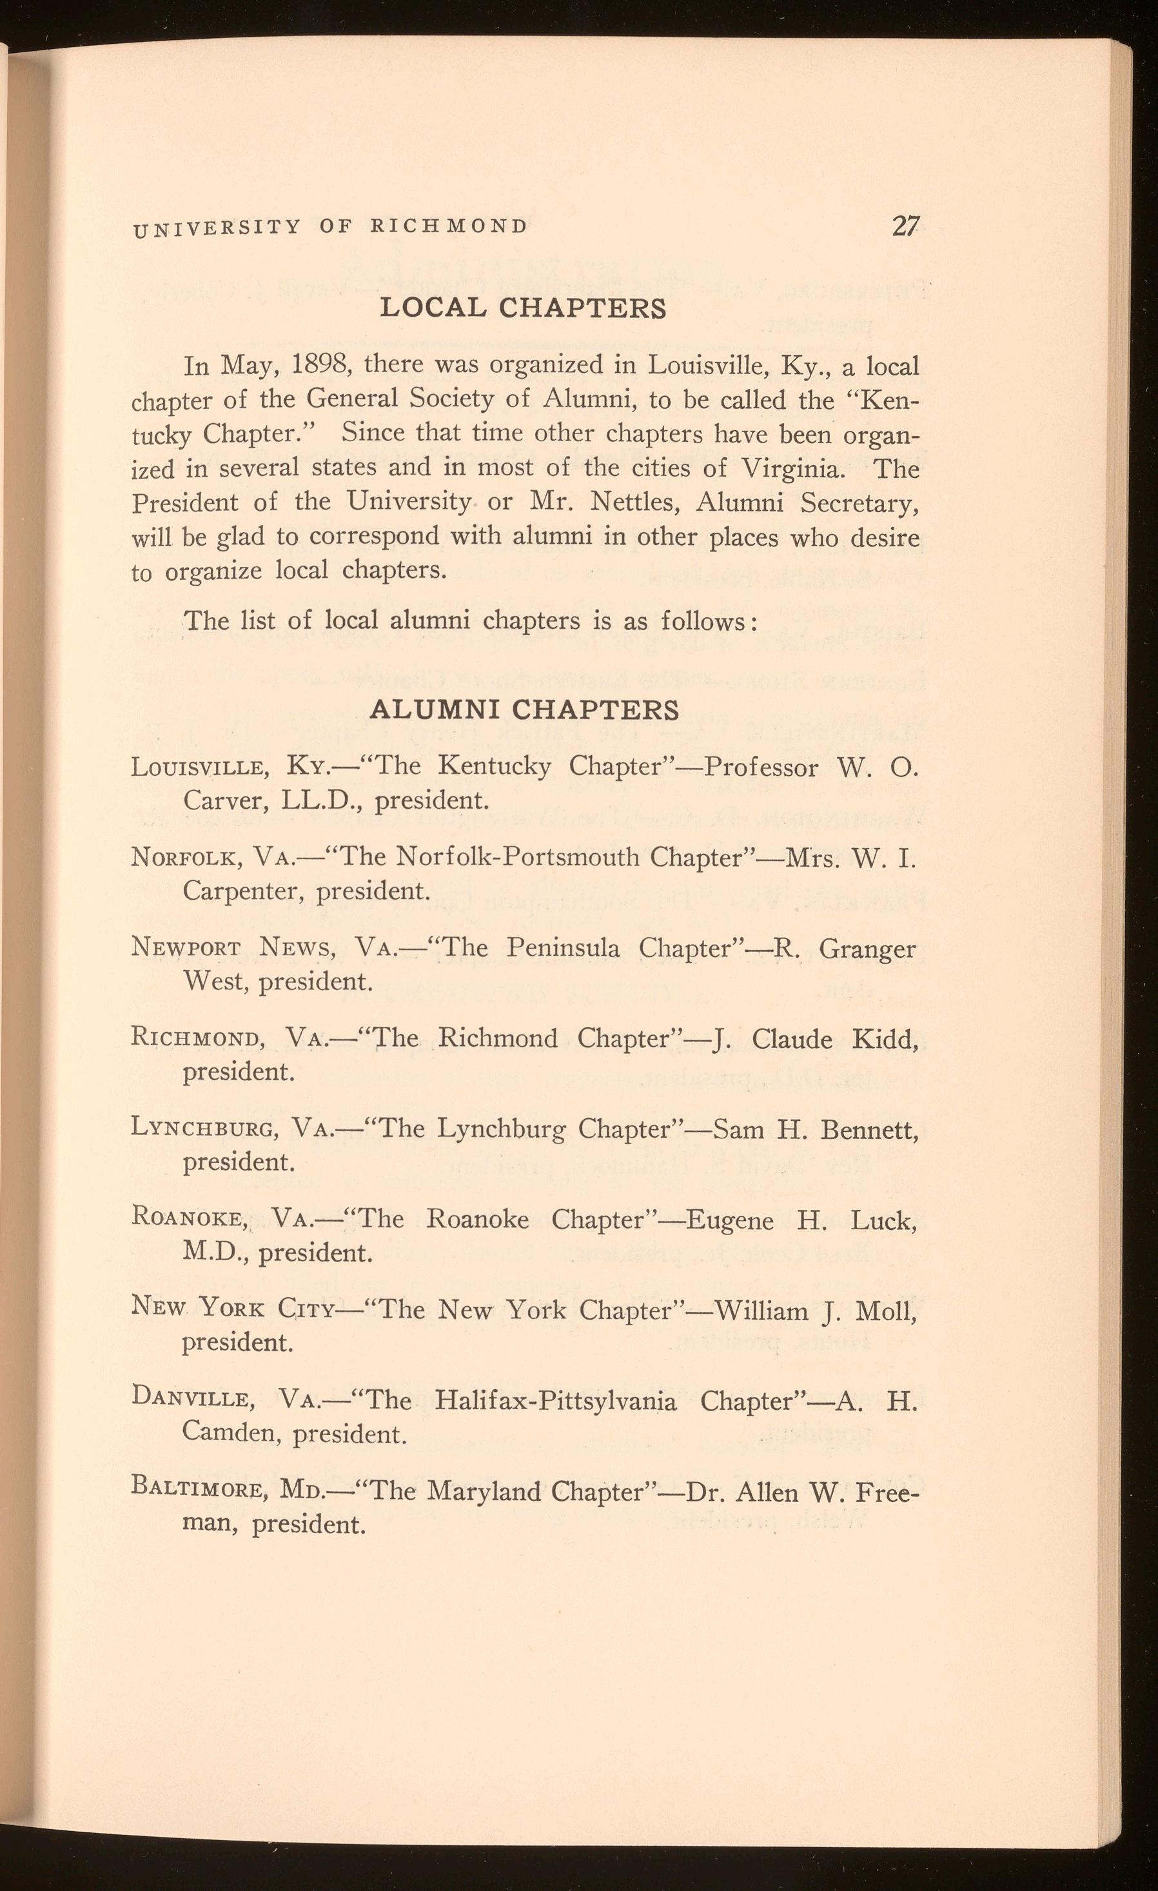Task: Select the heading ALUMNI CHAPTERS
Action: tap(524, 709)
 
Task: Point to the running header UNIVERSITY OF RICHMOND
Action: tap(331, 227)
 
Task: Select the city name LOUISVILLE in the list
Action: tap(201, 767)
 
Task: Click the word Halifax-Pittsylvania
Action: tap(556, 1401)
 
